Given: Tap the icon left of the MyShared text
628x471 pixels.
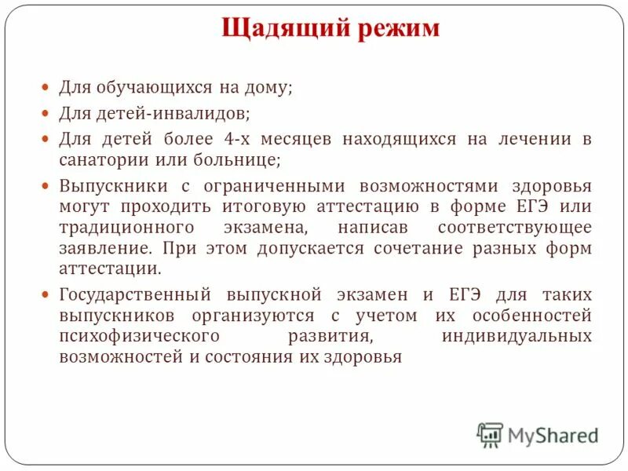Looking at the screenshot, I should (x=490, y=435).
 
